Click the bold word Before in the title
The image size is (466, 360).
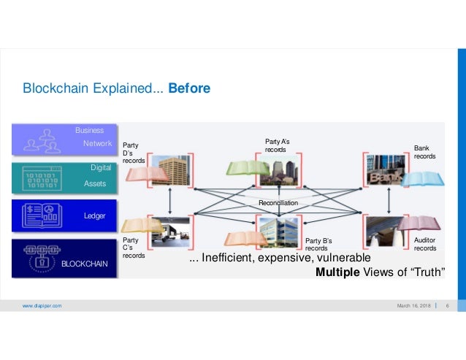click(x=189, y=89)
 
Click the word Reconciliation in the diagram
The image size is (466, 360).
click(x=278, y=202)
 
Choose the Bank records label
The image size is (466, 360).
click(x=424, y=151)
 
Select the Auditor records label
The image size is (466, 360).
click(x=424, y=244)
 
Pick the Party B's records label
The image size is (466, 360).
click(x=318, y=245)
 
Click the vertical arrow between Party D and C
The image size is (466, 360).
click(x=170, y=197)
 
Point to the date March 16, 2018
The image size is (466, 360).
click(x=413, y=306)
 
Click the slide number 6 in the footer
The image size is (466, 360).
click(x=446, y=306)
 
